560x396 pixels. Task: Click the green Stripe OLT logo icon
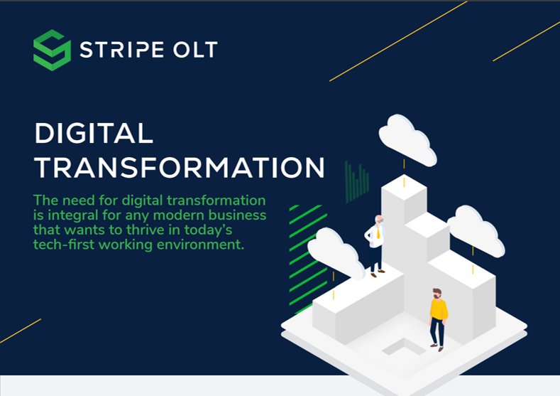[52, 50]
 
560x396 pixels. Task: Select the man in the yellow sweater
[438, 317]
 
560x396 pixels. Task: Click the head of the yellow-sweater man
[437, 293]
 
